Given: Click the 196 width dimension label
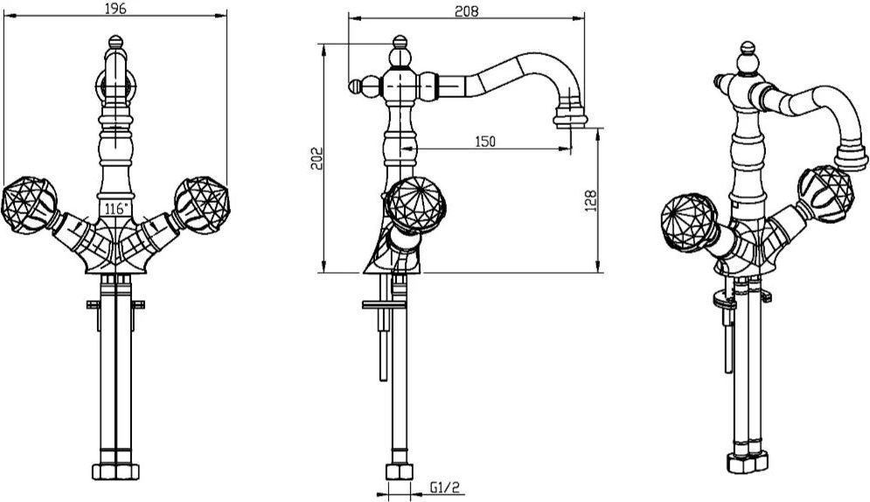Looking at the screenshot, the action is pos(115,9).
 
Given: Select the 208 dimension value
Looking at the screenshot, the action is pos(467,11).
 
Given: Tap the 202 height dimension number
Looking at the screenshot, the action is pos(317,158).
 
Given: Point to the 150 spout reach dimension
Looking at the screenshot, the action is pos(485,142).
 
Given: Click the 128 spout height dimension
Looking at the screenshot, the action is pos(590,200).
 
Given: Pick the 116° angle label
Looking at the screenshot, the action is pos(116,209).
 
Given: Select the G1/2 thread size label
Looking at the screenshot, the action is pos(445,488).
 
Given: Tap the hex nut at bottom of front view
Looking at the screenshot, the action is pos(115,471).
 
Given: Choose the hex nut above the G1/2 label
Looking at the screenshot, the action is pos(399,472).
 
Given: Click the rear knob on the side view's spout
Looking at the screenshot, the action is pos(356,87).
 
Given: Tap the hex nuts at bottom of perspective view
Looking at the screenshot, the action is pos(748,462).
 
